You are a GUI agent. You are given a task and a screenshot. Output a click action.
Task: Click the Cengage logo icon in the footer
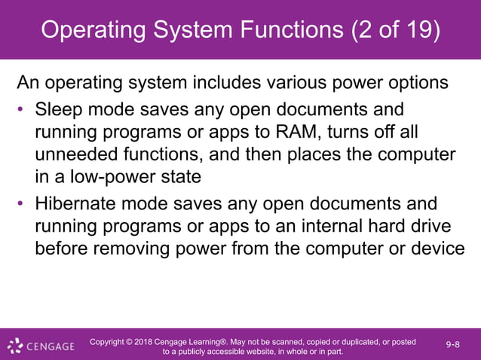tap(14, 346)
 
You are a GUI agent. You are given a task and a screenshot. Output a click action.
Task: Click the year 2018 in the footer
tap(149, 342)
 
